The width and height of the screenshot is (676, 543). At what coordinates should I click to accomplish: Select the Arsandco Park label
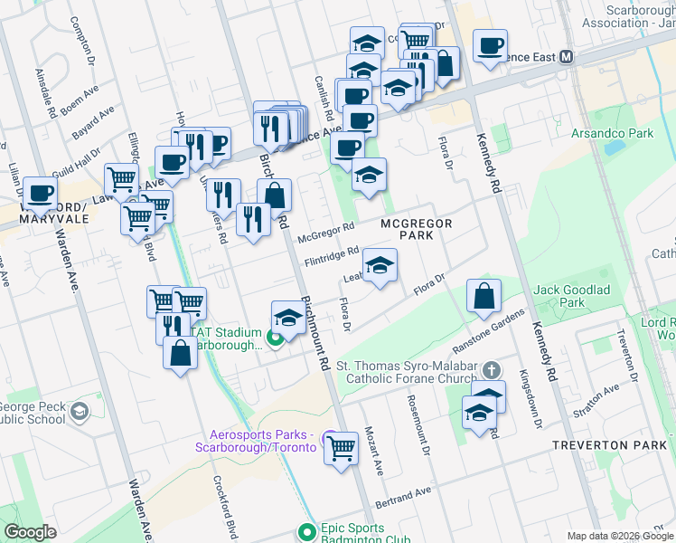pyautogui.click(x=611, y=134)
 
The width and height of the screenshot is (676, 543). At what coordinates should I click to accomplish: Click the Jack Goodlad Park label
pyautogui.click(x=572, y=295)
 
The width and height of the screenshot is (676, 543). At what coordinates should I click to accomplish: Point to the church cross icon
pyautogui.click(x=491, y=371)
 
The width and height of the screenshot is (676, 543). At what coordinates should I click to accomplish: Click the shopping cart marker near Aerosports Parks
pyautogui.click(x=341, y=448)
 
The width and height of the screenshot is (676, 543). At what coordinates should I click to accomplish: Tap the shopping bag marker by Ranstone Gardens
pyautogui.click(x=484, y=296)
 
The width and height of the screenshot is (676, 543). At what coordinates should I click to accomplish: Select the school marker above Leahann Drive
pyautogui.click(x=380, y=265)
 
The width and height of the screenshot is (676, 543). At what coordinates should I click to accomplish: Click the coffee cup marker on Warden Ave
pyautogui.click(x=39, y=193)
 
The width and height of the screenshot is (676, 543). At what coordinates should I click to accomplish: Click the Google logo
pyautogui.click(x=31, y=532)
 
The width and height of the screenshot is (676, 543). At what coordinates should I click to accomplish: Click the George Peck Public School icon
pyautogui.click(x=80, y=412)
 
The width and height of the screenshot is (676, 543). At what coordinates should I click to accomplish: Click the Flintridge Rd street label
pyautogui.click(x=333, y=257)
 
